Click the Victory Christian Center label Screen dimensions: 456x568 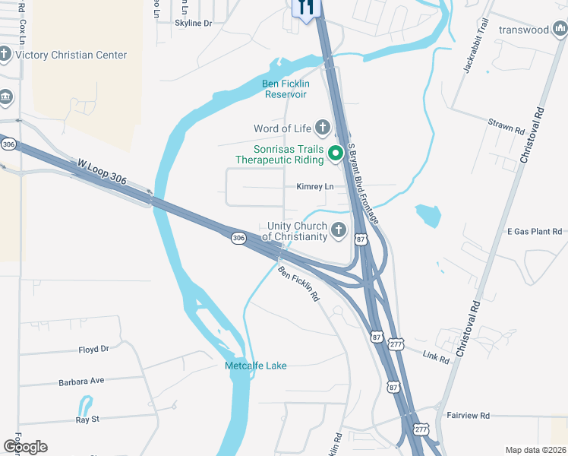click(x=71, y=55)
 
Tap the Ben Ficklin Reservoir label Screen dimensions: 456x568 click(x=286, y=89)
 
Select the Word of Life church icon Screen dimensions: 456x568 click(x=322, y=127)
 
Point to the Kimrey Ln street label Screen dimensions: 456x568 click(x=314, y=186)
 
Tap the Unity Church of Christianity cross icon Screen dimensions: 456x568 click(x=338, y=230)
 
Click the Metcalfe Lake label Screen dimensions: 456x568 click(x=256, y=366)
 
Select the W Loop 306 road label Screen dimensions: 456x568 click(x=102, y=173)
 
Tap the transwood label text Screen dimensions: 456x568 click(x=524, y=30)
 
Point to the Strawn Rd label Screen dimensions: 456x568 click(x=506, y=126)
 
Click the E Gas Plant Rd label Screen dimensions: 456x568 click(x=535, y=231)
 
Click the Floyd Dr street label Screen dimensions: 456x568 click(x=94, y=350)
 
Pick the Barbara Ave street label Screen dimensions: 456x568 click(x=81, y=380)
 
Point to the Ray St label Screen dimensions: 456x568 click(x=87, y=419)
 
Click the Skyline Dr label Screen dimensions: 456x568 click(x=194, y=24)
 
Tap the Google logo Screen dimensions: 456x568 click(x=25, y=446)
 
